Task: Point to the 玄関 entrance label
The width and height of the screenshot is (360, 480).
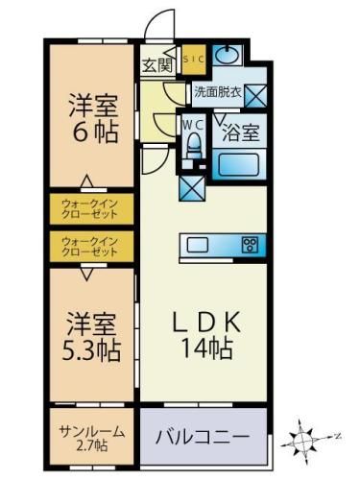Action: pos(157,66)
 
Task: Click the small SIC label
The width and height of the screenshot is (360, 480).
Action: pos(194,58)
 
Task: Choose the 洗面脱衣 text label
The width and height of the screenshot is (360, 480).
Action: pos(216,93)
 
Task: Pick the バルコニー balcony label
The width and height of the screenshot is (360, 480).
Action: pos(204,438)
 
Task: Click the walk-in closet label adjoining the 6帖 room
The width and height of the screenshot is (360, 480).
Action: pos(90,207)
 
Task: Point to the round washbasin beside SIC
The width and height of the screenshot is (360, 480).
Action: pos(228,54)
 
